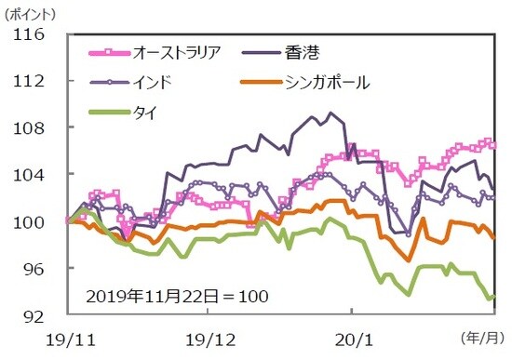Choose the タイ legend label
145,113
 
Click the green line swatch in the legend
111,113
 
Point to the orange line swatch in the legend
264,83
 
